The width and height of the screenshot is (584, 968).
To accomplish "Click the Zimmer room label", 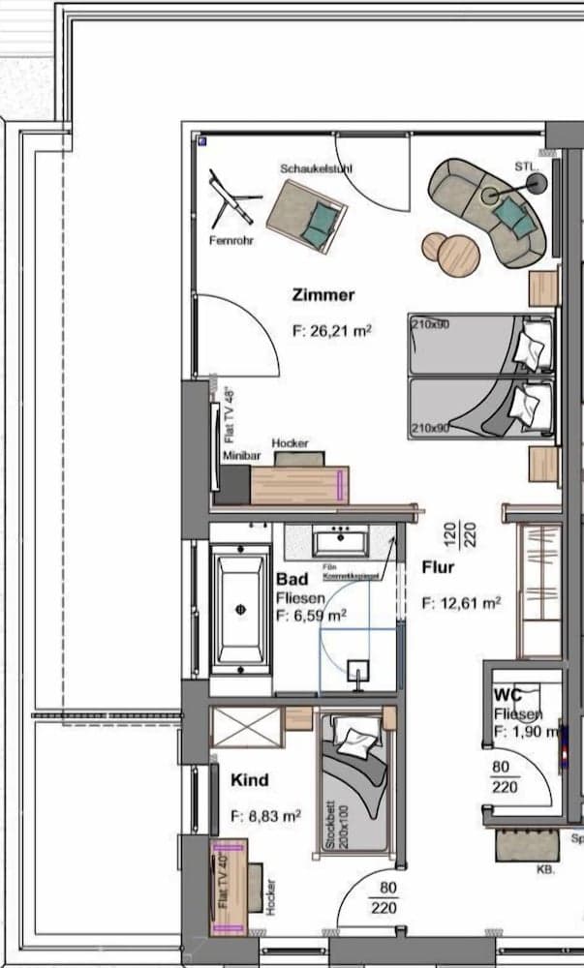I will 323,295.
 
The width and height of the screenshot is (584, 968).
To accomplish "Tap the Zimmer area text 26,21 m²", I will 332,330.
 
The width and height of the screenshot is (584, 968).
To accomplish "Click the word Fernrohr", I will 231,241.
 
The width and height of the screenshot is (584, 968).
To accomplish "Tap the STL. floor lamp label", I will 526,166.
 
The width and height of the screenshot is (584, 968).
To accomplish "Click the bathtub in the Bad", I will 240,609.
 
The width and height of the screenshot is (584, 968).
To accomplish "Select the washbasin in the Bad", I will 340,540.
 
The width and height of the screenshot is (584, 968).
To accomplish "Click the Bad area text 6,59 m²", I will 311,615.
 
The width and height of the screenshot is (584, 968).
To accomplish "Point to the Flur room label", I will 438,568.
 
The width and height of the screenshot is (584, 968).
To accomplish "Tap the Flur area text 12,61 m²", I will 461,603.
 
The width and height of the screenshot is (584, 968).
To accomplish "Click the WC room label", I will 508,695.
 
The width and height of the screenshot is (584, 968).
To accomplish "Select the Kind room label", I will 249,779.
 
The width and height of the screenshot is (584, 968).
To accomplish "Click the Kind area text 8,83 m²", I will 265,816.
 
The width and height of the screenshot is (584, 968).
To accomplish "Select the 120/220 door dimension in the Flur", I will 449,531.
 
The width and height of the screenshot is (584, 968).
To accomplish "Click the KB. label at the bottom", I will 545,870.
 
